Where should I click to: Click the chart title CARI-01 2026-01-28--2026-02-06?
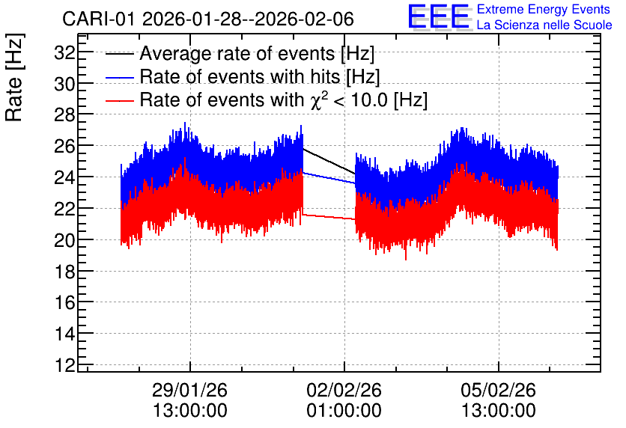(x=208, y=19)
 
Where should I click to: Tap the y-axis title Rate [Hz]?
(x=14, y=77)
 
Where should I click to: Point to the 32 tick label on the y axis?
(x=64, y=52)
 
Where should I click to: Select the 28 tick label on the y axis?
(x=64, y=115)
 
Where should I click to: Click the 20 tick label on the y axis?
(x=64, y=240)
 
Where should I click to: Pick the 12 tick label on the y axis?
(x=64, y=365)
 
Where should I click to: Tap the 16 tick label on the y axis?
(x=64, y=303)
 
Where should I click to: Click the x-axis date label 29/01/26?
(x=189, y=390)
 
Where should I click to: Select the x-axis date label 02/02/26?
(x=344, y=390)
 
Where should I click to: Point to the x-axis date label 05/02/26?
(x=498, y=390)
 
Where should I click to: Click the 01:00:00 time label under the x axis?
(x=344, y=411)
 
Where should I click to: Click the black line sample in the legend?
(x=119, y=54)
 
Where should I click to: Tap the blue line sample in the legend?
(x=119, y=77)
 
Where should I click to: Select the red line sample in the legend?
(x=119, y=100)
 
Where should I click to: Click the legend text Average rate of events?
(x=237, y=54)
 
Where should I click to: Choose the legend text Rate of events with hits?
(x=240, y=76)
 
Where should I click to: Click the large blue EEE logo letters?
(x=440, y=16)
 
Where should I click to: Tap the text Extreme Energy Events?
(x=544, y=9)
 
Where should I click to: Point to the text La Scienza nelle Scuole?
(x=544, y=25)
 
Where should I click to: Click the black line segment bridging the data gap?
(x=329, y=161)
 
